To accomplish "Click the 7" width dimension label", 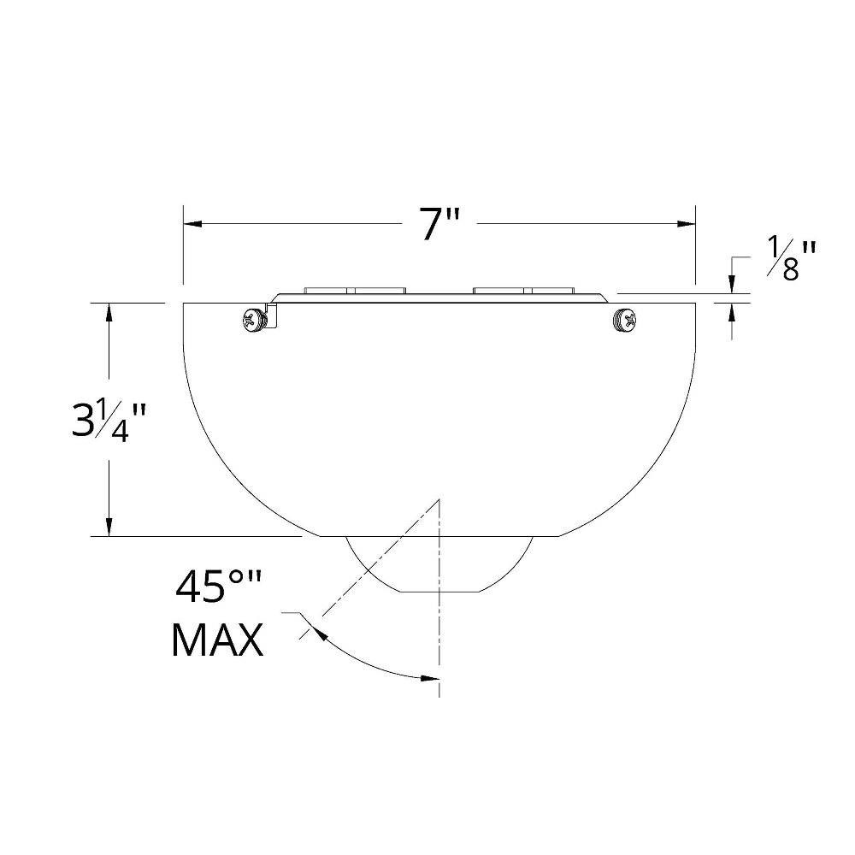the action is [439, 223].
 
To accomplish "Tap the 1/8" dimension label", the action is [792, 258].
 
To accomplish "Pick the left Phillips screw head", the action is [254, 319].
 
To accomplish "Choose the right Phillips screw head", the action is [625, 319].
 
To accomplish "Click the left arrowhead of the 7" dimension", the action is [193, 223].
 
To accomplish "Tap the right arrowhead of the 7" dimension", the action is [686, 223].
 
